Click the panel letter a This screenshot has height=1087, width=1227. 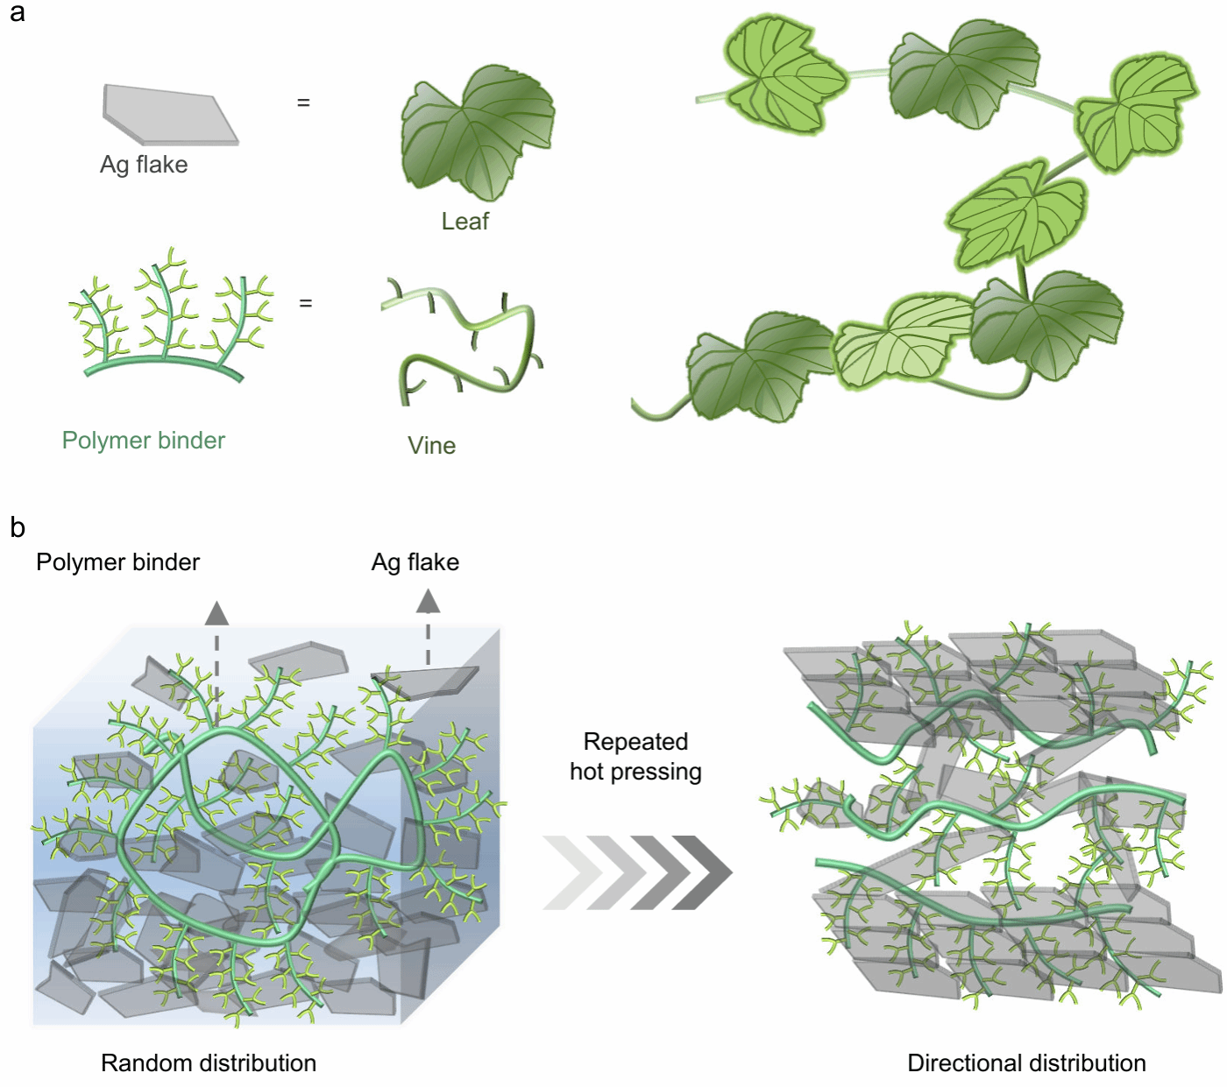[x=17, y=12]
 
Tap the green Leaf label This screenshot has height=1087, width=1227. [x=465, y=221]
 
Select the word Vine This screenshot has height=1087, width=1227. [x=431, y=446]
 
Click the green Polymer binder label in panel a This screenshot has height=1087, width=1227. [x=144, y=441]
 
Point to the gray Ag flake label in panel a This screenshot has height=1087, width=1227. [x=144, y=165]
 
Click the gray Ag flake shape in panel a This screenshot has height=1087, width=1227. [x=170, y=115]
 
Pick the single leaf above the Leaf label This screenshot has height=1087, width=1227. [x=478, y=133]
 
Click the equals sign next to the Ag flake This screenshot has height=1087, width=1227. [x=303, y=102]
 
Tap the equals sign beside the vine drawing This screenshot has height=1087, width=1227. [x=306, y=302]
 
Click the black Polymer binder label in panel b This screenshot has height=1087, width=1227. [x=118, y=562]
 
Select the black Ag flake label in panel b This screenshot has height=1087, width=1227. [x=415, y=562]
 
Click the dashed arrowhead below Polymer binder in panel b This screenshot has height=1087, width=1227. [x=216, y=614]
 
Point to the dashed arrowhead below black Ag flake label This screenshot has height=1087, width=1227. [x=429, y=601]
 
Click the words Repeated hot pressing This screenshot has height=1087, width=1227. [x=636, y=757]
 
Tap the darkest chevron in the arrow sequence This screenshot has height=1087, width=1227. [x=703, y=872]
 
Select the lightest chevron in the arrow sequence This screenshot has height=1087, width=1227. [x=572, y=872]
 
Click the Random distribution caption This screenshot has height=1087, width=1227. [x=209, y=1063]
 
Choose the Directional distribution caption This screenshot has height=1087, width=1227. [x=1026, y=1063]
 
